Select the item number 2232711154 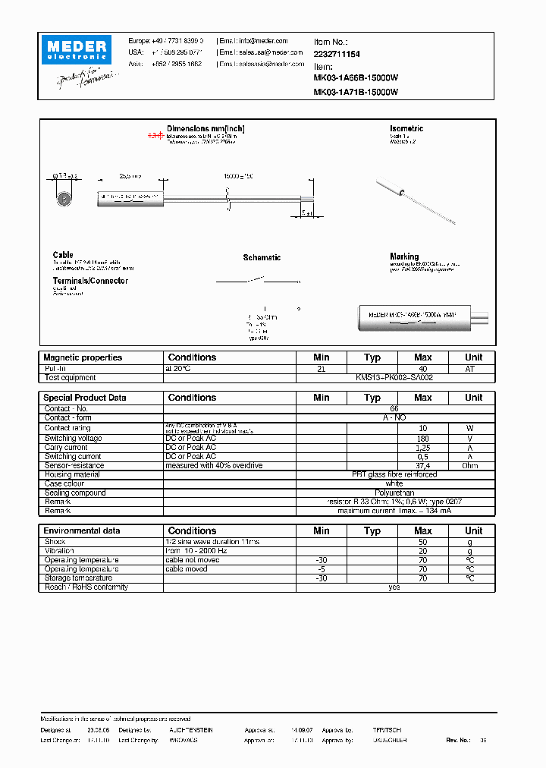coord(337,55)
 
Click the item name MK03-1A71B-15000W coord(356,92)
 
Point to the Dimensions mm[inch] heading coord(206,129)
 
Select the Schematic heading coord(262,258)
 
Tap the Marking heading coord(404,257)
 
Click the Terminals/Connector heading coord(90,281)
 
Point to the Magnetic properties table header coord(83,357)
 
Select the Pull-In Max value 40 coord(422,368)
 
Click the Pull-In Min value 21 coord(321,368)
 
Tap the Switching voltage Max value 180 coord(422,439)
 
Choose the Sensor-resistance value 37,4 coord(422,466)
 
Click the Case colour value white coord(394,484)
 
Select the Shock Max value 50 coord(422,542)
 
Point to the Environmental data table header coord(82,531)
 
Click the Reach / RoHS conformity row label coord(86,587)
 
